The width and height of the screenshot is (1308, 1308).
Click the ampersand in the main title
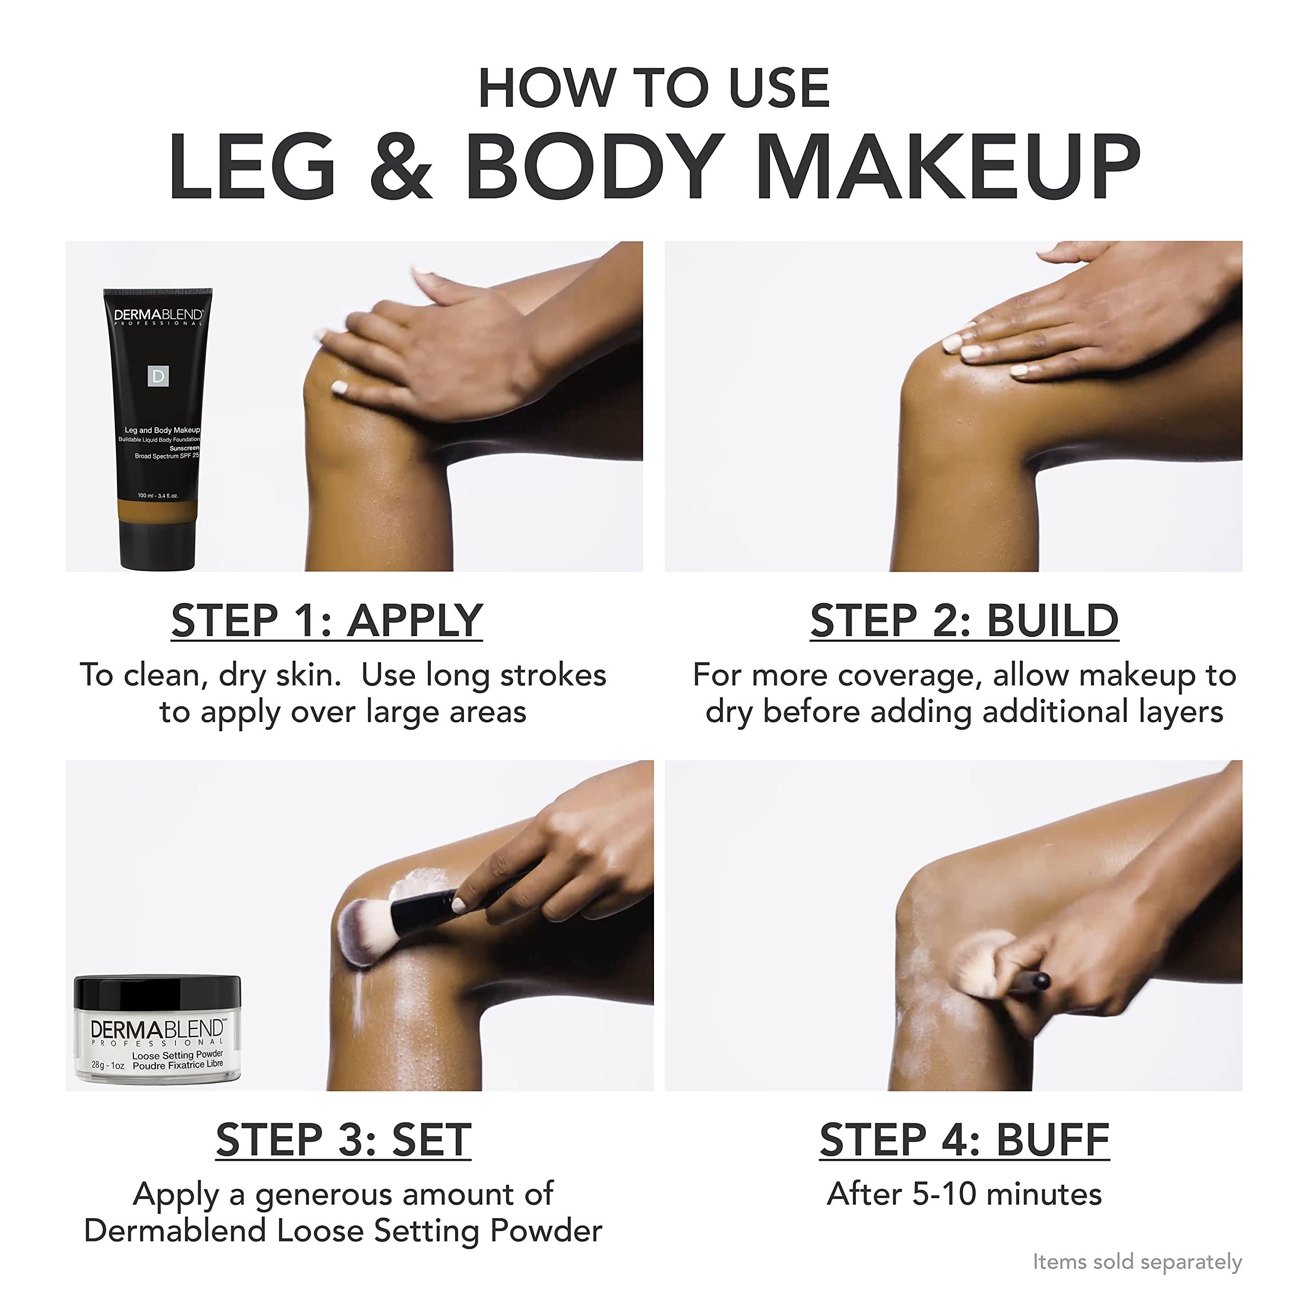(401, 167)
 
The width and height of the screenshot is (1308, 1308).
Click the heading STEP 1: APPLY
(327, 620)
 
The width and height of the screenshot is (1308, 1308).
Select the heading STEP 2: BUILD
(964, 620)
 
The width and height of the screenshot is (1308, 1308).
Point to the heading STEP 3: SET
(343, 1140)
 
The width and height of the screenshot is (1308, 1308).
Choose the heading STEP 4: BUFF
(964, 1140)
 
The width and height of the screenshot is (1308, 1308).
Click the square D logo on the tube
(158, 377)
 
